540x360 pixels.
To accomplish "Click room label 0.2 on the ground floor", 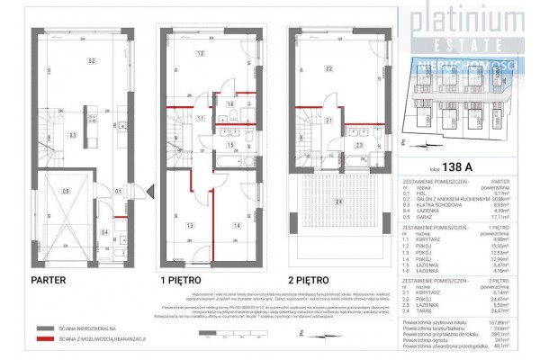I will click(x=91, y=60).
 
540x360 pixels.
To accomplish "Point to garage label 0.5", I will click(x=66, y=190).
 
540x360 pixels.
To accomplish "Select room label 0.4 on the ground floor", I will click(x=106, y=232).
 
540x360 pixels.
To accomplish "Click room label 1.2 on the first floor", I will click(x=201, y=53).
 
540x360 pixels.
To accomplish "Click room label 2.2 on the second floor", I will click(x=329, y=68).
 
